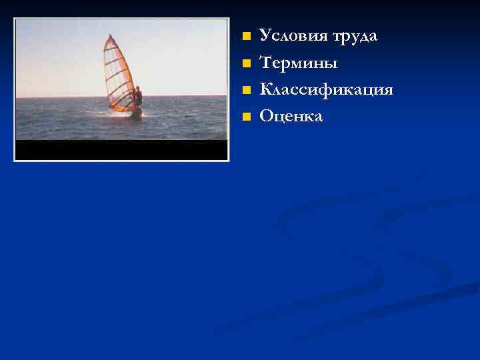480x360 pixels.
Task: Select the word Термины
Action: click(299, 64)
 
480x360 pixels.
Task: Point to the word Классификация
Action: click(326, 91)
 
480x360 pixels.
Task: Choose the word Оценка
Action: click(291, 117)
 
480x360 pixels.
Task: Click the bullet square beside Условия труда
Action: click(246, 36)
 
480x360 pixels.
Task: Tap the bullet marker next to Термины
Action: click(246, 63)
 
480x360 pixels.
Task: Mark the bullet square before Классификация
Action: click(246, 90)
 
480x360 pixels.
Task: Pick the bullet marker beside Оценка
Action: click(246, 117)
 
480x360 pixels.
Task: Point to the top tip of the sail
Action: click(107, 36)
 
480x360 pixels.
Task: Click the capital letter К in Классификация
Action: click(265, 89)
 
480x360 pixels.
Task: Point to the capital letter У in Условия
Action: click(265, 36)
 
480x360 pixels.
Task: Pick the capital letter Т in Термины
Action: click(265, 64)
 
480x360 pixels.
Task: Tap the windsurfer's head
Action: click(138, 89)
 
